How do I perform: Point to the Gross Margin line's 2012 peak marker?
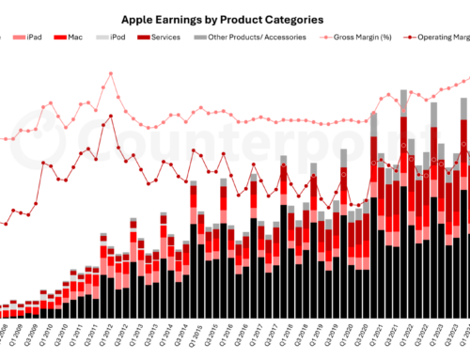[111, 72]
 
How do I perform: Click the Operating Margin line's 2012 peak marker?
[111, 117]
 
